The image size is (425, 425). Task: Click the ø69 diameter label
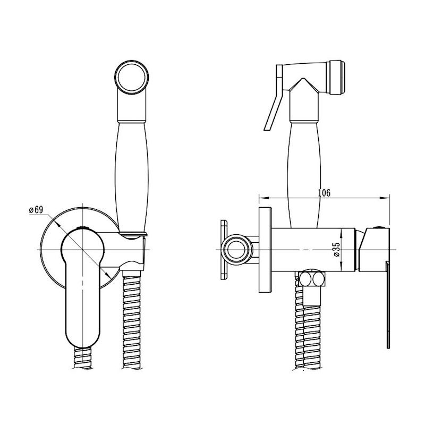click(x=36, y=209)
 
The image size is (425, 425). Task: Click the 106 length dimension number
click(x=324, y=193)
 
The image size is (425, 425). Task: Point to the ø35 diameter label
click(x=337, y=250)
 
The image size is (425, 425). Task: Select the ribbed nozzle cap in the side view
click(x=336, y=78)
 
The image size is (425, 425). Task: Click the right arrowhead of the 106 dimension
click(x=385, y=198)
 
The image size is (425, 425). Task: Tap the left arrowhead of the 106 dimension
click(x=263, y=198)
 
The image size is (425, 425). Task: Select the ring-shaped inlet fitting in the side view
click(x=237, y=249)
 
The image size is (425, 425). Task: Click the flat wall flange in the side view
click(x=265, y=250)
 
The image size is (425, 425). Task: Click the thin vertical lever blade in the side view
click(x=388, y=305)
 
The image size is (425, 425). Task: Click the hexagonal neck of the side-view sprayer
click(x=303, y=100)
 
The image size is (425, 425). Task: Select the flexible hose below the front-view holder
click(x=132, y=320)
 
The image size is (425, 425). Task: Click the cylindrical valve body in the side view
click(x=313, y=250)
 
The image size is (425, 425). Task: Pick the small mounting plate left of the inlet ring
click(x=224, y=249)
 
